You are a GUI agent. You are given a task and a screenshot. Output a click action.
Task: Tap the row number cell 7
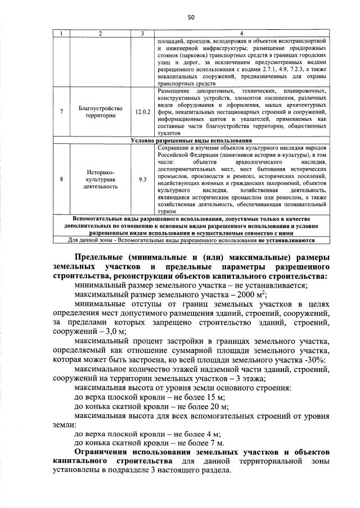click(x=61, y=112)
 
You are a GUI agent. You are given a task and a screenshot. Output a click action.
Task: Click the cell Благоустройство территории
click(x=101, y=112)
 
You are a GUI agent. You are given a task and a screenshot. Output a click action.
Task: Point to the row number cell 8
click(x=61, y=179)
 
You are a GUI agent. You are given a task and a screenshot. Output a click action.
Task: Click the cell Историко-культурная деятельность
click(x=101, y=179)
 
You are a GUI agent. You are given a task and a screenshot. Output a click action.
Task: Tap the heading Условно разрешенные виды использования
click(x=191, y=140)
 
